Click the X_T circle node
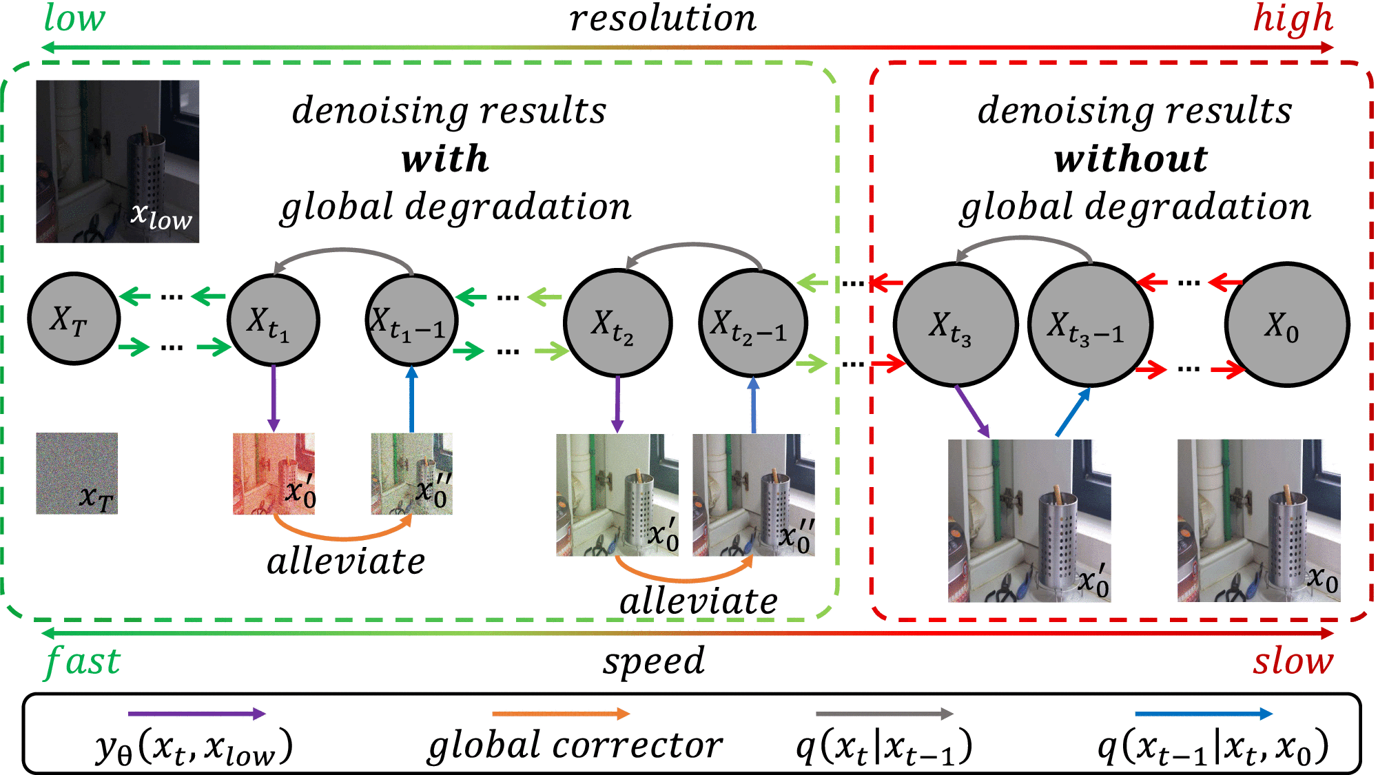point(74,319)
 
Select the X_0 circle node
point(1286,324)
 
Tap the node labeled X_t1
point(274,320)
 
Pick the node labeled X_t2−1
point(753,323)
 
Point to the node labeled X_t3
point(956,324)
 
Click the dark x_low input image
point(117,161)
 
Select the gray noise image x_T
point(76,473)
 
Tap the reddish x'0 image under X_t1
point(274,473)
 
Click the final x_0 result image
point(1259,520)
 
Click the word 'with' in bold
point(445,159)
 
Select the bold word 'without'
point(1131,159)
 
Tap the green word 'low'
point(74,18)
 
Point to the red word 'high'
point(1293,18)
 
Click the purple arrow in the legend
point(196,714)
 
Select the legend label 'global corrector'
point(575,745)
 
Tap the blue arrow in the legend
point(1203,714)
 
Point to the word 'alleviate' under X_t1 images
point(346,561)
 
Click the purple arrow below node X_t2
point(617,404)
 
